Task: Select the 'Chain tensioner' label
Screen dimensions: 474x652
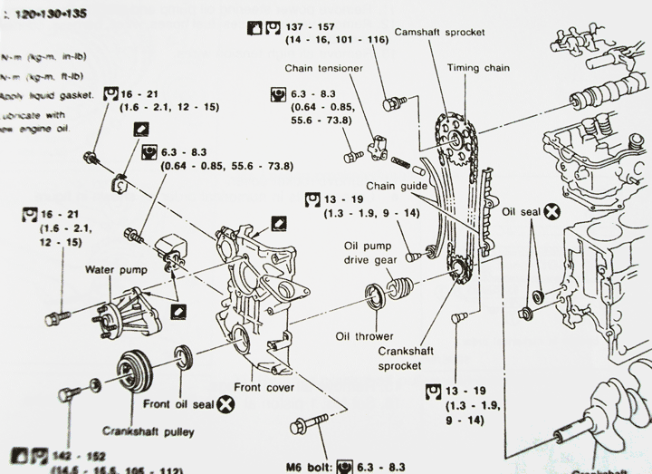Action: tap(325, 68)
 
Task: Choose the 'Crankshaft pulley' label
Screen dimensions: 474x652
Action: tap(149, 431)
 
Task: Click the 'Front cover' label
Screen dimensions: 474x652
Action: tap(264, 386)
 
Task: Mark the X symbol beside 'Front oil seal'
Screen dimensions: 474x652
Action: tap(221, 409)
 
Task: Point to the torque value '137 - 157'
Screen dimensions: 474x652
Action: tap(310, 27)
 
